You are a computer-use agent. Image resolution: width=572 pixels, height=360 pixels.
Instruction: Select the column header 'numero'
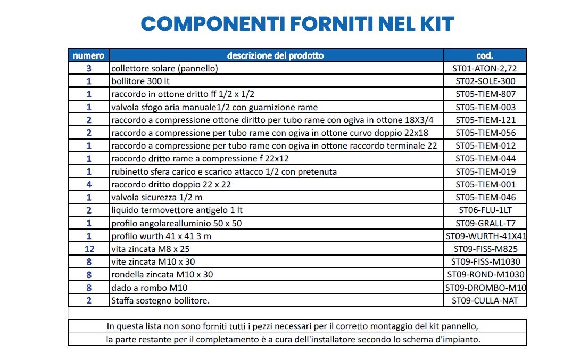click(89, 55)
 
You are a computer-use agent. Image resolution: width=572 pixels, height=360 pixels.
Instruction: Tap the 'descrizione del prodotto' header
click(275, 55)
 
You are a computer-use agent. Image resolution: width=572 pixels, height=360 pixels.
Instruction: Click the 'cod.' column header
click(485, 55)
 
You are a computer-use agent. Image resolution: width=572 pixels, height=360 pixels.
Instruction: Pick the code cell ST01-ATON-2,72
click(485, 68)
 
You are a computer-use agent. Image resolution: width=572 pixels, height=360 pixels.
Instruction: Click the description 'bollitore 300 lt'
click(140, 81)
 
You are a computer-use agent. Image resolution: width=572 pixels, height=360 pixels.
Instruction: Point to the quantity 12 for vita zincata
click(89, 248)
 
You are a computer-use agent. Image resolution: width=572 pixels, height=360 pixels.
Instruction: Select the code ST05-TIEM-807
click(485, 94)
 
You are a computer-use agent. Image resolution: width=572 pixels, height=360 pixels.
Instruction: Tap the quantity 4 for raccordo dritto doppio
click(89, 184)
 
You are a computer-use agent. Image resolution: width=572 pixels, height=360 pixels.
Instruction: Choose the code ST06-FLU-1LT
click(485, 210)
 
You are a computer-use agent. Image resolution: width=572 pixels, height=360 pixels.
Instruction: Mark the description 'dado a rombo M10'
click(149, 288)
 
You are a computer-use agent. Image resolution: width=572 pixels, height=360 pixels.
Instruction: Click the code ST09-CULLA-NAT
click(485, 300)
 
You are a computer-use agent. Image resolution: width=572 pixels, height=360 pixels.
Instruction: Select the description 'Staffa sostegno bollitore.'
click(160, 300)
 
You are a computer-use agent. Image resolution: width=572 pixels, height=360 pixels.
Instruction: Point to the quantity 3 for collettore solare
click(89, 68)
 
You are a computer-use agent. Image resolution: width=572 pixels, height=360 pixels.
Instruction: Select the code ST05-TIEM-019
click(485, 171)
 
